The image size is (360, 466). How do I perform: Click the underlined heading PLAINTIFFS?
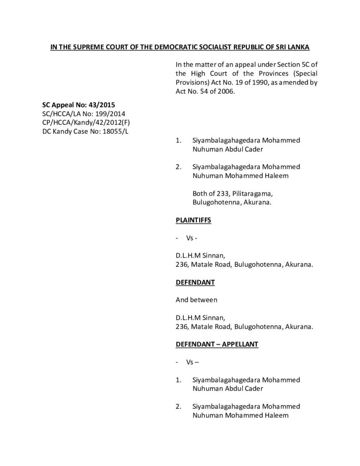(x=193, y=220)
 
